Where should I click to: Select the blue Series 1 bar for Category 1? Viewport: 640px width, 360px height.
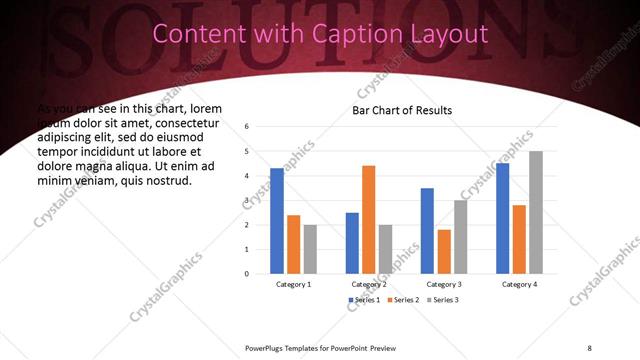(277, 221)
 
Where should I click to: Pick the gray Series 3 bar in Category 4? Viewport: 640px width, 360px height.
(536, 213)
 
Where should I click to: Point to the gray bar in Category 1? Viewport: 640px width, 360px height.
(310, 249)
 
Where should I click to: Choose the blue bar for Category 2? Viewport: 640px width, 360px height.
(352, 243)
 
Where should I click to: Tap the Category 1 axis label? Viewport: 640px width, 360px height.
(293, 284)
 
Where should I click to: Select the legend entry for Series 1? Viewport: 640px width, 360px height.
(363, 300)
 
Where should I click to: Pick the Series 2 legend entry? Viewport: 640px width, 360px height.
(403, 300)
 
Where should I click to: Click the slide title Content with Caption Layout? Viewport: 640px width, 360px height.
(320, 34)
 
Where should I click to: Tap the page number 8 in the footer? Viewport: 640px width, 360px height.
(589, 347)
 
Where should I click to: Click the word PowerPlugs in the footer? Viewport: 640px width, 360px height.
(267, 347)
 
